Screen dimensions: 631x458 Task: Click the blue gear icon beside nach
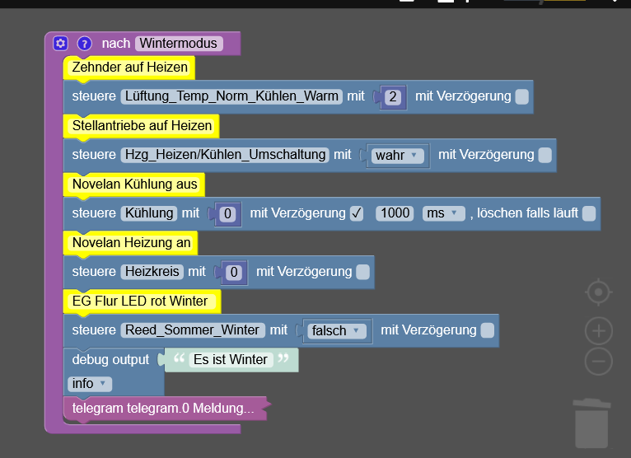click(x=60, y=43)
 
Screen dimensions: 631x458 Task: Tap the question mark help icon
click(x=85, y=44)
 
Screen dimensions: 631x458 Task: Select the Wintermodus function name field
click(x=178, y=43)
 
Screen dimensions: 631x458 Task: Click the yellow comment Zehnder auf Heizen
click(x=129, y=68)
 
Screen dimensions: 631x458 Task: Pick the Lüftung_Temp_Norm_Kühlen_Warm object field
click(x=231, y=96)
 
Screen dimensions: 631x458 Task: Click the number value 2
click(x=393, y=97)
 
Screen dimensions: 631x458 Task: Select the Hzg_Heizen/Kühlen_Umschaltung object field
click(x=225, y=155)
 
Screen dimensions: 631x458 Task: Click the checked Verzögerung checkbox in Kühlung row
click(x=357, y=213)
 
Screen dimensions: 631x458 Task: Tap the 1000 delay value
click(x=395, y=213)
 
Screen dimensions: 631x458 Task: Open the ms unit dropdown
click(x=443, y=213)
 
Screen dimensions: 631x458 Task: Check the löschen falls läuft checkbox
click(x=589, y=213)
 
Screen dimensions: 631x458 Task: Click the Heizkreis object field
click(x=152, y=272)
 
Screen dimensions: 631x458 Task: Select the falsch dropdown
click(x=334, y=331)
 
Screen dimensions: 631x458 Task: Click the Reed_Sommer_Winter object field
click(x=193, y=330)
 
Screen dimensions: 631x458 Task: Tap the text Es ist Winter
click(x=231, y=359)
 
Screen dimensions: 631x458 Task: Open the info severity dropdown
click(x=89, y=384)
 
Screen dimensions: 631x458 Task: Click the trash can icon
click(x=591, y=423)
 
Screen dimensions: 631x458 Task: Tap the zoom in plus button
click(x=599, y=331)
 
